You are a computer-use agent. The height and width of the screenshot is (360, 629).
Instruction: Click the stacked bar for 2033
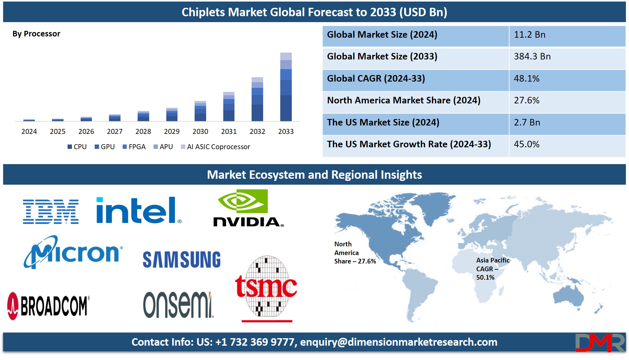pyautogui.click(x=286, y=87)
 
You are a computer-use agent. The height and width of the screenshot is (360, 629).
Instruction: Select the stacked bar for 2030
pyautogui.click(x=200, y=111)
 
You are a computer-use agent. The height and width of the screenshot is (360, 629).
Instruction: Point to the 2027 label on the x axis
pyautogui.click(x=115, y=131)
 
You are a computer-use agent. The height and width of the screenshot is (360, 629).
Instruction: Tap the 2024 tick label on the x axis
pyautogui.click(x=29, y=131)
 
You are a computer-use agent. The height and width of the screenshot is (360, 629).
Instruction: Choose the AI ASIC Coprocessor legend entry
pyautogui.click(x=215, y=147)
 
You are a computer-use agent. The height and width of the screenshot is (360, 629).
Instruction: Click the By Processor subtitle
pyautogui.click(x=36, y=34)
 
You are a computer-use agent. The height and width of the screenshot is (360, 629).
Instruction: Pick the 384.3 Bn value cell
pyautogui.click(x=532, y=56)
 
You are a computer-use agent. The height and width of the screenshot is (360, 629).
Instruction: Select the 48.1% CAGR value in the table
pyautogui.click(x=527, y=78)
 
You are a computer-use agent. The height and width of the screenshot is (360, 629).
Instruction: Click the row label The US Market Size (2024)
pyautogui.click(x=383, y=122)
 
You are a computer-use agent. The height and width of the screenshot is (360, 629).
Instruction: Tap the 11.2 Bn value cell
pyautogui.click(x=529, y=35)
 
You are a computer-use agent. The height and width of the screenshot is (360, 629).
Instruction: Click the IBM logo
pyautogui.click(x=51, y=212)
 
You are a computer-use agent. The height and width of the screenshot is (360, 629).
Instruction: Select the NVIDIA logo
pyautogui.click(x=248, y=208)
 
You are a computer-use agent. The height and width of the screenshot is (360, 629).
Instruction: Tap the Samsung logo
pyautogui.click(x=182, y=259)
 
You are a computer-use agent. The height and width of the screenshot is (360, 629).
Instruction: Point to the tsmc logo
pyautogui.click(x=266, y=288)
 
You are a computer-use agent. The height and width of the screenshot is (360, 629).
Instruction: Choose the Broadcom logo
pyautogui.click(x=48, y=306)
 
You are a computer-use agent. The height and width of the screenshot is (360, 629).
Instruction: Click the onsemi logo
pyautogui.click(x=178, y=305)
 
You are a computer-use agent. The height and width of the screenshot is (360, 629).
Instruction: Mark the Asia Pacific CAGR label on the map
pyautogui.click(x=493, y=269)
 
